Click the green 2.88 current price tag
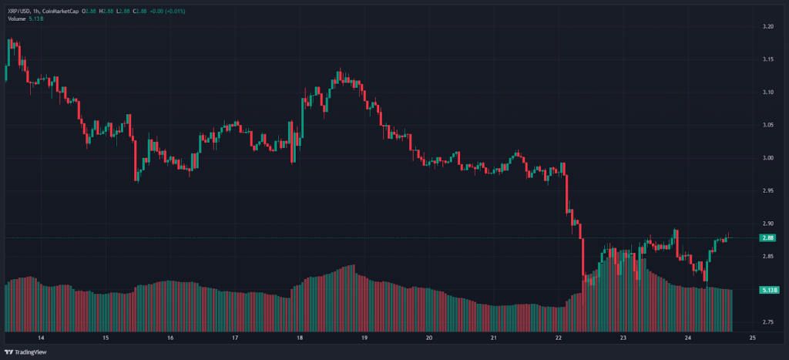(x=767, y=237)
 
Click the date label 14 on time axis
(x=41, y=338)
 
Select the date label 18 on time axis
(x=299, y=338)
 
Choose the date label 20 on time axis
(x=428, y=338)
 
